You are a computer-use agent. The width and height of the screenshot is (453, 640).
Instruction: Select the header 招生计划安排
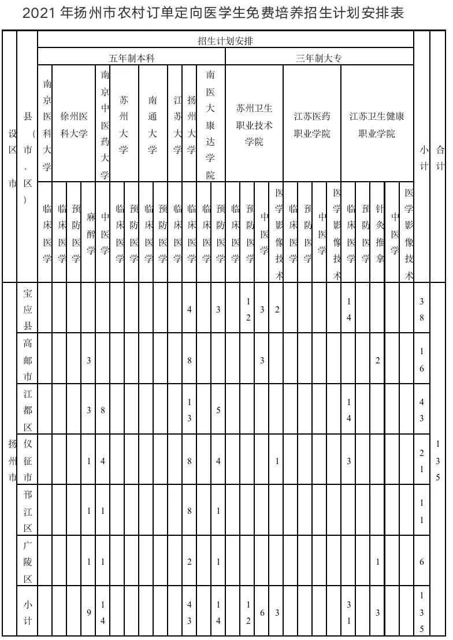point(225,41)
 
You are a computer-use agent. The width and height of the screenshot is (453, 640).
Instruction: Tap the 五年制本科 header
point(132,58)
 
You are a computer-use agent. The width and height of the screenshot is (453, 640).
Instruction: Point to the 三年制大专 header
point(319,58)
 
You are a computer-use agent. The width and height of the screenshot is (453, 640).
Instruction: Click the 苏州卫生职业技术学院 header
point(254,124)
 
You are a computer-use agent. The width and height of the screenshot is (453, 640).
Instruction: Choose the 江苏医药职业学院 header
point(312,124)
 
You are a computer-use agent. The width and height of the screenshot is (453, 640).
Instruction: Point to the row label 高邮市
point(27,361)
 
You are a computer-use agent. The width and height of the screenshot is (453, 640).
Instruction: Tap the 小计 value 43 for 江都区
point(422,410)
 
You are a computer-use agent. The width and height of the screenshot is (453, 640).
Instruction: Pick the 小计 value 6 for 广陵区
point(422,562)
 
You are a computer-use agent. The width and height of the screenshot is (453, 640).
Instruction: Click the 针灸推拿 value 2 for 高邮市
point(378,361)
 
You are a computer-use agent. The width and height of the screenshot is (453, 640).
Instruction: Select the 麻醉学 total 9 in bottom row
point(89,612)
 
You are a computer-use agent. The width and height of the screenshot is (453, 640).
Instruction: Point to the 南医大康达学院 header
point(210,124)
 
